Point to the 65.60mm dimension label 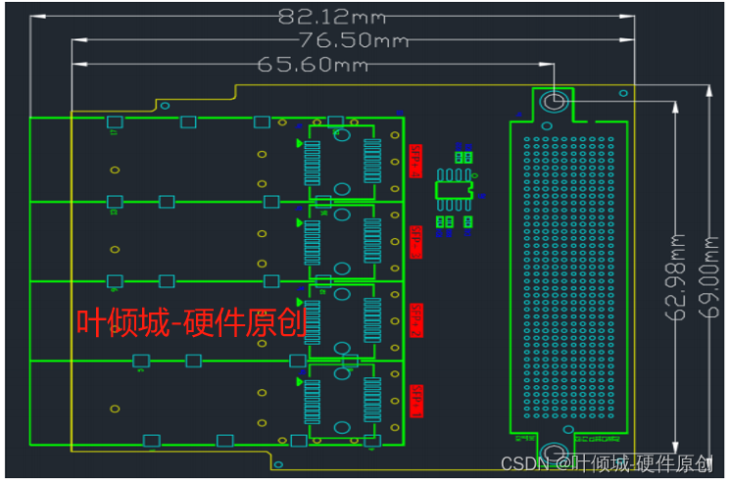[x=313, y=65]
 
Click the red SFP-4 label [x=415, y=160]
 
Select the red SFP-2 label [x=415, y=320]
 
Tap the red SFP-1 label [x=415, y=400]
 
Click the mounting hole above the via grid [x=553, y=102]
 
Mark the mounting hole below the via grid [x=553, y=454]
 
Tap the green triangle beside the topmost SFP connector [x=300, y=143]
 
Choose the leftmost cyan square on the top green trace [x=114, y=122]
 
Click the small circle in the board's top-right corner [x=623, y=93]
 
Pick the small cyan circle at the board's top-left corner [x=165, y=104]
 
